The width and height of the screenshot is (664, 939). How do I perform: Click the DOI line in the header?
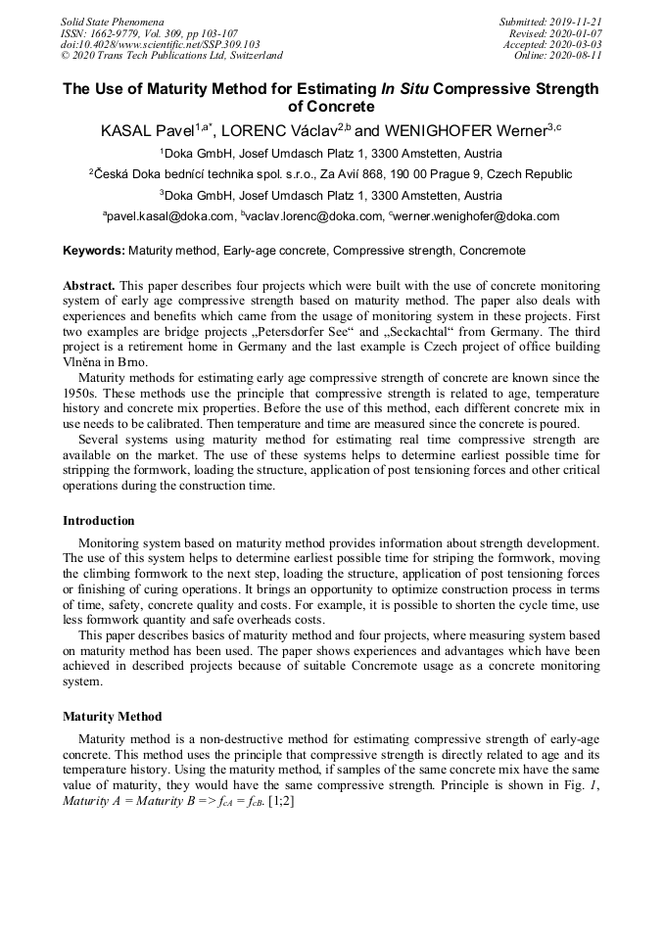[x=160, y=44]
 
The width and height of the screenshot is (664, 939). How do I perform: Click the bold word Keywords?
[x=94, y=251]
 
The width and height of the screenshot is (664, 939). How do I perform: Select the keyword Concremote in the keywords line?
[x=492, y=251]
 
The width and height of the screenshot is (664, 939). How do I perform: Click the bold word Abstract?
[x=89, y=286]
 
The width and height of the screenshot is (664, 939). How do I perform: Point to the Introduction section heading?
[x=99, y=521]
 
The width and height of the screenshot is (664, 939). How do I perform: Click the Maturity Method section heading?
[x=113, y=717]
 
